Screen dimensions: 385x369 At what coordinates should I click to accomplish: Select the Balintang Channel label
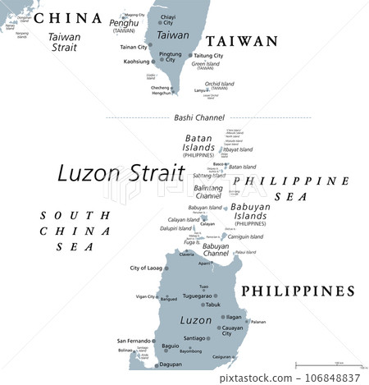click(x=208, y=192)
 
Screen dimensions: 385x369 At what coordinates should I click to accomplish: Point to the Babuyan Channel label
click(x=216, y=250)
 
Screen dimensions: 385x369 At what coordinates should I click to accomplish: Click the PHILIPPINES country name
click(x=296, y=291)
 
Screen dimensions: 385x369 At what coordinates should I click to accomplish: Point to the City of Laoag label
click(x=146, y=268)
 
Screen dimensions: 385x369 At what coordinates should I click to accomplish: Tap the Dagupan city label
click(x=170, y=364)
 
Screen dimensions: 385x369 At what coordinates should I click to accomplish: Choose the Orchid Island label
click(x=219, y=84)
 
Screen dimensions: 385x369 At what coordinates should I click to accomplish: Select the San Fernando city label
click(x=133, y=340)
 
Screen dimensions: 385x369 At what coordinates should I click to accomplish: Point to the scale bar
click(x=328, y=364)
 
